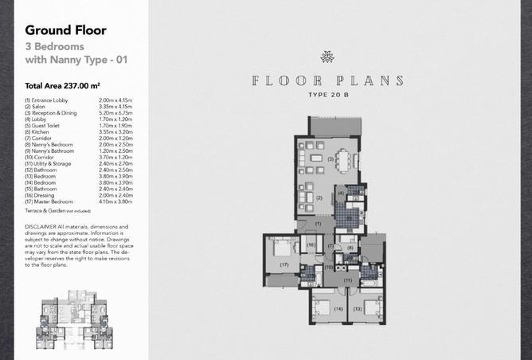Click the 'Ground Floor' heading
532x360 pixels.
tap(65, 31)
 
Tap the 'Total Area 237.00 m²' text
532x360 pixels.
tap(67, 84)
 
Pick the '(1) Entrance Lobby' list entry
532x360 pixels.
tap(47, 100)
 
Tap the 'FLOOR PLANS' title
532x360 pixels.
tap(327, 81)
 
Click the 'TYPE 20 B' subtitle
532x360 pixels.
tap(327, 96)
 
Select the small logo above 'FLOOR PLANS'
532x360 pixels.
tap(327, 57)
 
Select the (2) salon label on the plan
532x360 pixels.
tap(319, 198)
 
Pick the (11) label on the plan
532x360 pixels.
tap(347, 280)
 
